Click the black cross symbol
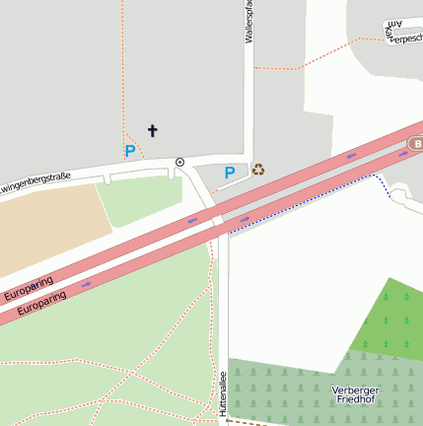click(152, 130)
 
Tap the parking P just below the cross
click(129, 151)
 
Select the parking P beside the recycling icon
click(229, 173)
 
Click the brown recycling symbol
click(258, 170)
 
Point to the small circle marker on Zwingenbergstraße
click(179, 162)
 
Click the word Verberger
click(356, 389)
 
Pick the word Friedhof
click(356, 400)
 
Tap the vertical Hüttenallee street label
click(224, 392)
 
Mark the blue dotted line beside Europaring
click(306, 201)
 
